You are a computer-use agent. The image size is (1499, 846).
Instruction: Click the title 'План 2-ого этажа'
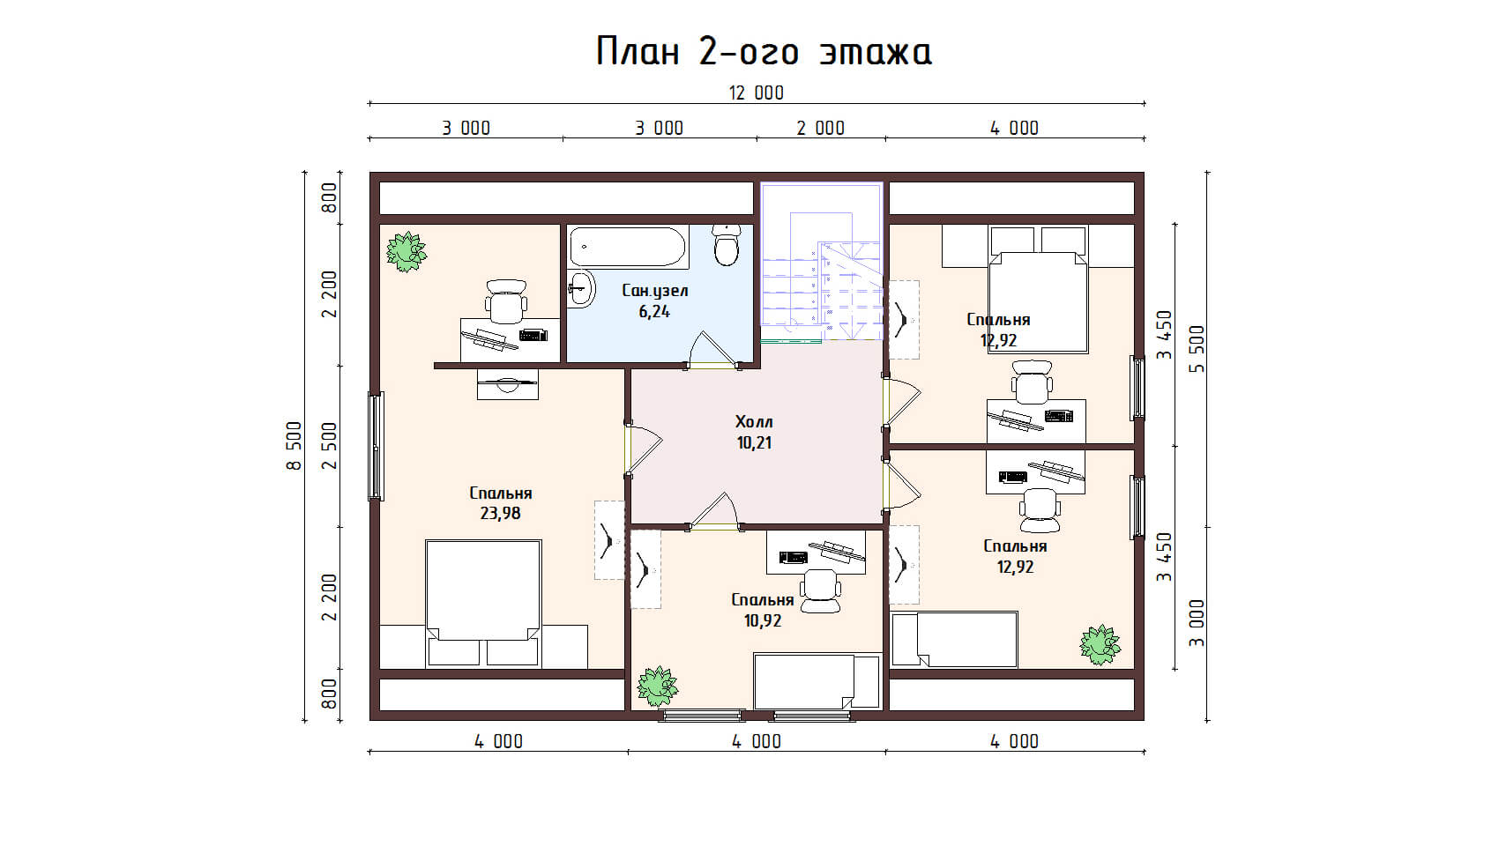click(764, 51)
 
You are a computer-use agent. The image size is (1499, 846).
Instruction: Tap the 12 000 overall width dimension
click(757, 93)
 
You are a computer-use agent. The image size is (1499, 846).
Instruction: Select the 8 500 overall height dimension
click(295, 445)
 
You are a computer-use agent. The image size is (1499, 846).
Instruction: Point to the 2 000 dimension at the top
click(820, 128)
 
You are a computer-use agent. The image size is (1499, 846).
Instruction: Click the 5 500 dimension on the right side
click(1197, 349)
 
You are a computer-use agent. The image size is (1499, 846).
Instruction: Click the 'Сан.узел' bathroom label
click(654, 291)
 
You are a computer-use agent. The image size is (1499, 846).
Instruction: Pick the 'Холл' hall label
click(754, 422)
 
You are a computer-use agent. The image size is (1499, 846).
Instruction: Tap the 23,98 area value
click(500, 514)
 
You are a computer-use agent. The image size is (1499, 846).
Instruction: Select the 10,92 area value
click(762, 620)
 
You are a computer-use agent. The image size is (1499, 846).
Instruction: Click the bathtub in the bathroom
click(628, 247)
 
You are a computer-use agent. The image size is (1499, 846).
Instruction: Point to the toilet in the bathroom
click(726, 245)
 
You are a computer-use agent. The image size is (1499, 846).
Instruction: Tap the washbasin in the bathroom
click(582, 289)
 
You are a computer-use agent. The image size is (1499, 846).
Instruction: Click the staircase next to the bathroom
click(822, 262)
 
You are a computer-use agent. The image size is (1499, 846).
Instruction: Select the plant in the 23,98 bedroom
click(406, 251)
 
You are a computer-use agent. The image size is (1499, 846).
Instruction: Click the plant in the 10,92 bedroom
click(657, 686)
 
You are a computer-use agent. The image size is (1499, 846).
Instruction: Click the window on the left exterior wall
click(377, 446)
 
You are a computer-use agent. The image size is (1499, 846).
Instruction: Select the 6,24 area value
click(653, 312)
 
